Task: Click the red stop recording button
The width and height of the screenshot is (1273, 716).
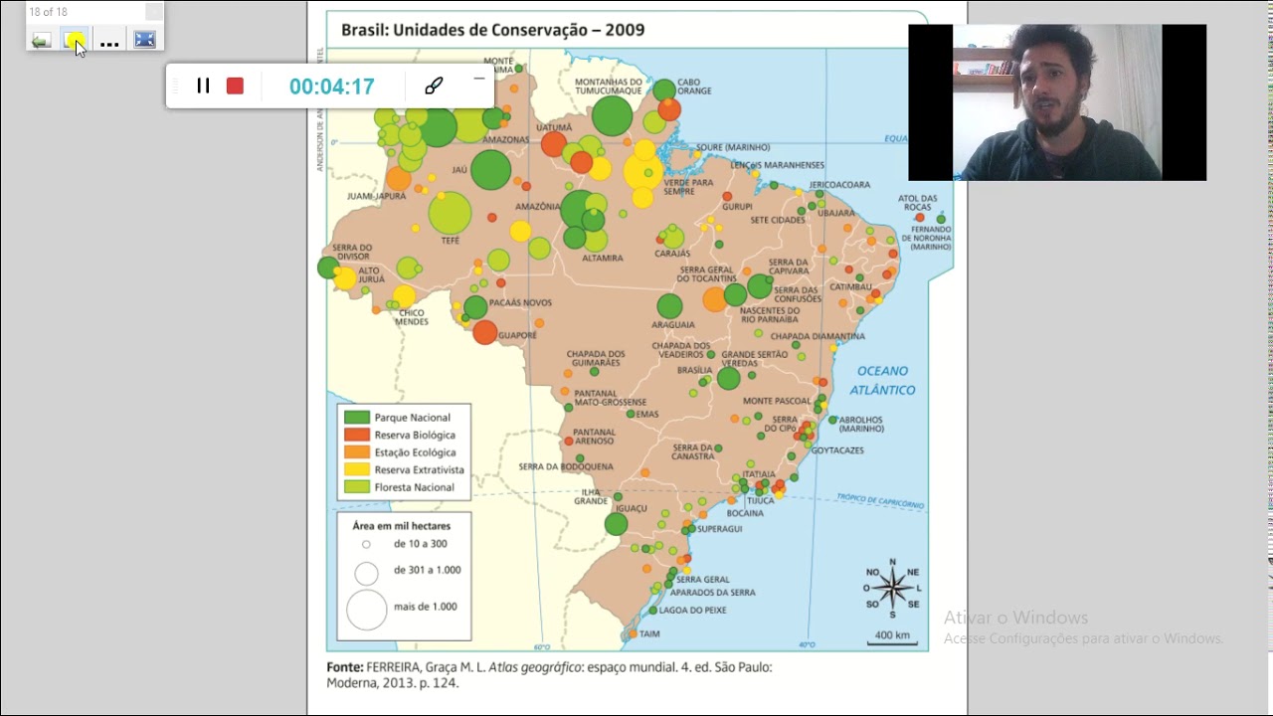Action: (x=235, y=87)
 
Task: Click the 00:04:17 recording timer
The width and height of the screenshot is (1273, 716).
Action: (x=331, y=87)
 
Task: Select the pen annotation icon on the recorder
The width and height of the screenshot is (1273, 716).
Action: (x=434, y=87)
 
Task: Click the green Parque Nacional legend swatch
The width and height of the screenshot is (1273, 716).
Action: (x=357, y=418)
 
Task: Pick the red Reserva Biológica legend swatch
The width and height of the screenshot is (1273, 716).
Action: (x=357, y=435)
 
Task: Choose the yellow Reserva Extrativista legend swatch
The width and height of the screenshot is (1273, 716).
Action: (x=357, y=469)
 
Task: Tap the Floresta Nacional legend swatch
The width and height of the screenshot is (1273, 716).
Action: (x=357, y=487)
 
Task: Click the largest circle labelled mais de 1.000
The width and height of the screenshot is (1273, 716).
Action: (x=366, y=610)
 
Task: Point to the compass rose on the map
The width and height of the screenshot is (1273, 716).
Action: (x=892, y=588)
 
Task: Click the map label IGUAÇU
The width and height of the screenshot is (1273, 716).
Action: (x=631, y=508)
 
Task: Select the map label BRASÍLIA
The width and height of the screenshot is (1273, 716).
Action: (x=694, y=370)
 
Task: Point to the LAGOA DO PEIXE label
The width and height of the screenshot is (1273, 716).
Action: (x=692, y=610)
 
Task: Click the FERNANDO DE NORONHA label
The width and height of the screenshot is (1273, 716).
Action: (x=926, y=235)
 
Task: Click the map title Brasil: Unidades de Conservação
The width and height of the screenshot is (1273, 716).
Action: (x=492, y=30)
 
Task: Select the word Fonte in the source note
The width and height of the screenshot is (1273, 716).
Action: (x=344, y=667)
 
